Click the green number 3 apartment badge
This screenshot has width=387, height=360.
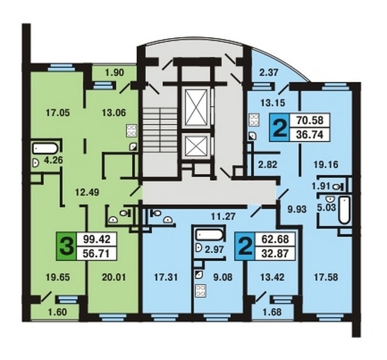(x=67, y=246)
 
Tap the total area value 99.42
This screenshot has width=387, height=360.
(x=96, y=239)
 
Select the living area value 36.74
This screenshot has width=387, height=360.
(x=310, y=135)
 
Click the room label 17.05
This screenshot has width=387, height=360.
(x=58, y=113)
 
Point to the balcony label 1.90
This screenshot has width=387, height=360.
(x=114, y=73)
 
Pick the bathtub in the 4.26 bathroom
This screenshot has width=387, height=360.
(x=45, y=149)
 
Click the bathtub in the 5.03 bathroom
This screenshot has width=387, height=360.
(x=344, y=210)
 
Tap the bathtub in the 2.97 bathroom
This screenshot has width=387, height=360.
(x=209, y=235)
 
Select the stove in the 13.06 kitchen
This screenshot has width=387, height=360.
(x=132, y=130)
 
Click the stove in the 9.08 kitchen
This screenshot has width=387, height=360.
(x=200, y=290)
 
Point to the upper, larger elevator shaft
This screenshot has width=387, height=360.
(x=196, y=107)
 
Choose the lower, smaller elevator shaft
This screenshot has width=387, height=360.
(x=196, y=147)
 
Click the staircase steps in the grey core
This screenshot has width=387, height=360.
(x=160, y=130)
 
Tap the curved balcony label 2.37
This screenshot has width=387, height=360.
(x=269, y=72)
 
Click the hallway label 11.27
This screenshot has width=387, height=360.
(x=223, y=216)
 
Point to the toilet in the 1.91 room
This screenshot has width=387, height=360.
(x=337, y=187)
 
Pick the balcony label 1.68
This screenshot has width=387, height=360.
(x=272, y=312)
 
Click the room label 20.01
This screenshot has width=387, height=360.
(x=114, y=277)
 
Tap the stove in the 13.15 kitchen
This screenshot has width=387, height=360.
(x=253, y=120)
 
